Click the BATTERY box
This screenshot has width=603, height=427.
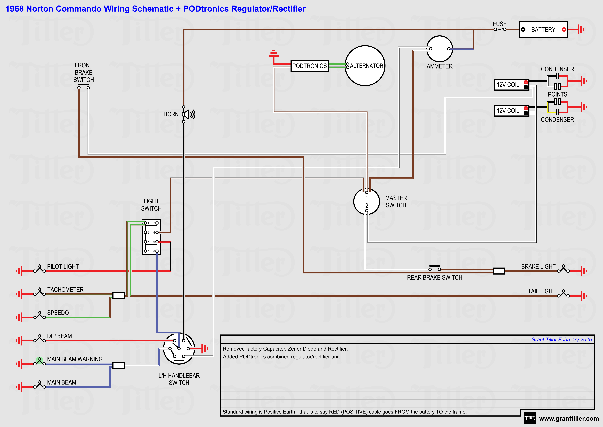tap(543, 29)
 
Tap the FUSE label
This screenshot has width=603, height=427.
tap(500, 24)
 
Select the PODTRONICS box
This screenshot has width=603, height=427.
tap(309, 66)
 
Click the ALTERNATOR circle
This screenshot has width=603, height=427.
tap(365, 66)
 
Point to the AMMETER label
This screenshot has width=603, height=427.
tap(439, 67)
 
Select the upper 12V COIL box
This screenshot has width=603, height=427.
tap(511, 85)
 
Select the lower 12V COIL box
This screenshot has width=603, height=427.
tap(511, 111)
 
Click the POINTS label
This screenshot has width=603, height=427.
tap(557, 94)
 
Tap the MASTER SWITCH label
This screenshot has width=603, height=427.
tap(396, 202)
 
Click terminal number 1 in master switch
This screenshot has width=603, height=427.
tap(367, 197)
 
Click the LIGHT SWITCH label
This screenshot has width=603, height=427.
tap(151, 205)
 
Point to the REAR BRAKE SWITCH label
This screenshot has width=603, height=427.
tap(434, 277)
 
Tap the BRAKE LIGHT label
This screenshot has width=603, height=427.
tap(538, 267)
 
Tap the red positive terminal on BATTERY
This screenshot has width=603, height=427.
tap(564, 29)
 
